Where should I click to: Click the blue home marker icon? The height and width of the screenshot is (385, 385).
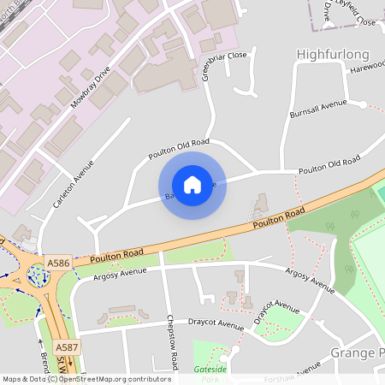tap(192, 184)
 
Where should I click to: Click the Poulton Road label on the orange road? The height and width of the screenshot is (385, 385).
tap(279, 222)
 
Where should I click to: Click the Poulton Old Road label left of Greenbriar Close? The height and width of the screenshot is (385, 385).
tap(178, 149)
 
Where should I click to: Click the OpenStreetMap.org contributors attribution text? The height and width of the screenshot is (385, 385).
tap(110, 378)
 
